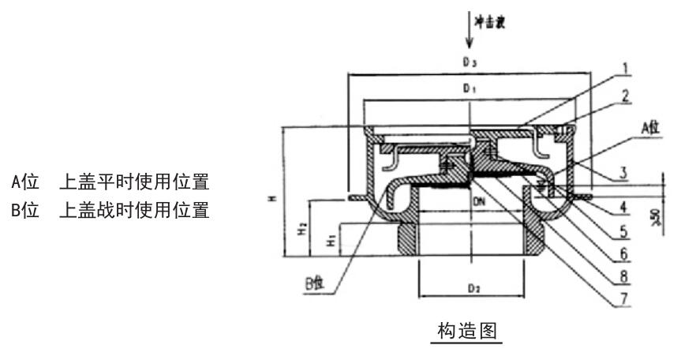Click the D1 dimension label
pyautogui.click(x=471, y=89)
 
